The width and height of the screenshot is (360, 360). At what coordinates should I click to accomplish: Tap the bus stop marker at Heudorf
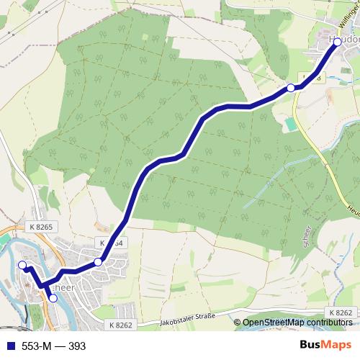[337, 42]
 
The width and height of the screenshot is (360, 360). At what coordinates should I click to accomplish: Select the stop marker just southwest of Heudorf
[291, 88]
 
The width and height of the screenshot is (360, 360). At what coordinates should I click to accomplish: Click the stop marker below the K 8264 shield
[98, 262]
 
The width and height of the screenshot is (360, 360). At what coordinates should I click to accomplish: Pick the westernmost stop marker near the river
[22, 266]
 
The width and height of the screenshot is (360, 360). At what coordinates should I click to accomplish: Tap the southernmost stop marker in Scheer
[53, 297]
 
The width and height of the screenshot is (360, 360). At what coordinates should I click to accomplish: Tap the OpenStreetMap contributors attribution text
[299, 323]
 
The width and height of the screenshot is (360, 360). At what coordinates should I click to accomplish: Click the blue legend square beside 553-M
[9, 346]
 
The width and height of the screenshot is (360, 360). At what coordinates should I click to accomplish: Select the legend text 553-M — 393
[53, 346]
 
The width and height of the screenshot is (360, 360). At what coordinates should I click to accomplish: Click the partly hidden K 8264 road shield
[113, 243]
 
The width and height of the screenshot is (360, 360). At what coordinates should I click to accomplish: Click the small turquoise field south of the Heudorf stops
[289, 124]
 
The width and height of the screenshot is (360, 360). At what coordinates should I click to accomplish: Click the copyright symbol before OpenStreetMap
[238, 323]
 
